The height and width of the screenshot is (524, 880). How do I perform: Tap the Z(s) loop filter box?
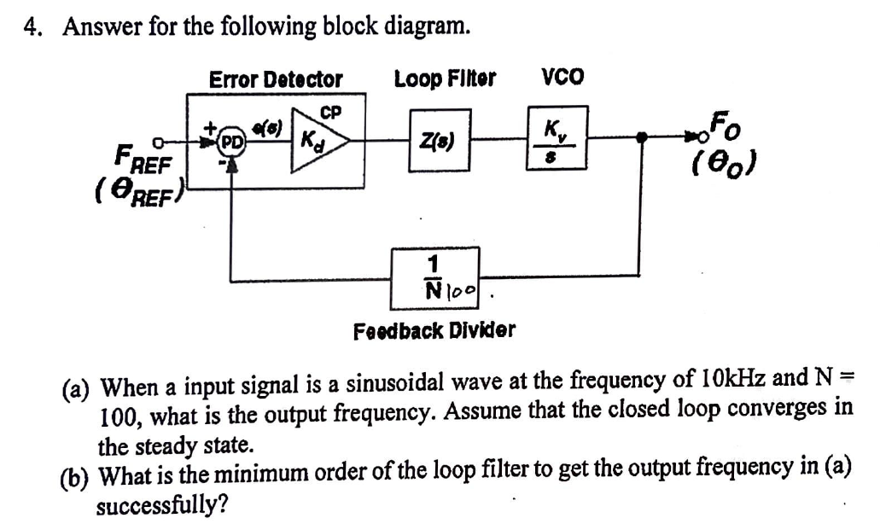click(439, 139)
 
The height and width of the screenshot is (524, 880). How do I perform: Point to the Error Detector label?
click(276, 79)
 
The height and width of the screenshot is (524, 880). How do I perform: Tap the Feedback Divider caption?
click(434, 329)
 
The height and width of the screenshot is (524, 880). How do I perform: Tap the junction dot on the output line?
click(642, 136)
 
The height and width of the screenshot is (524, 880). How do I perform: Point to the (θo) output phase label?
click(722, 162)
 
